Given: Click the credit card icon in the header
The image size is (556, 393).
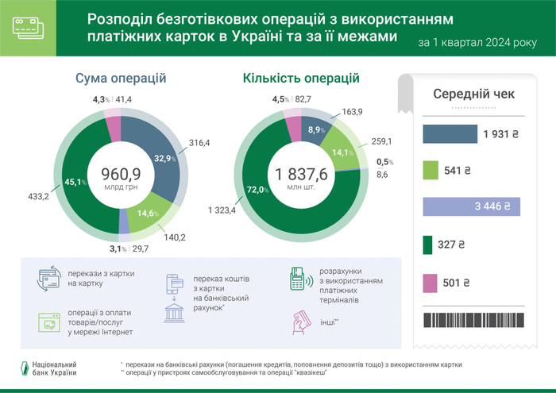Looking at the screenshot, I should (28, 28).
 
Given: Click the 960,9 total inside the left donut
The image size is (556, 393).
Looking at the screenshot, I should (121, 172).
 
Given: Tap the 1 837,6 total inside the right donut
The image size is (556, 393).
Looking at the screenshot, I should (301, 173).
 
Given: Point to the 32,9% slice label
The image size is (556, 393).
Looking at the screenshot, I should (164, 157).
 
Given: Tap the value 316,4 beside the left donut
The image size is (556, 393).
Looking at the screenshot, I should (200, 143).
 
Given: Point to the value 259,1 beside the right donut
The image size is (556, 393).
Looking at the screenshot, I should (382, 141).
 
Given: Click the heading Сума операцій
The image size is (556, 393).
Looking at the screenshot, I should (120, 79).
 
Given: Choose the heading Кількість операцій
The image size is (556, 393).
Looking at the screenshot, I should (301, 79).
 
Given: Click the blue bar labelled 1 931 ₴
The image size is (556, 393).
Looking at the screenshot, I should (450, 134).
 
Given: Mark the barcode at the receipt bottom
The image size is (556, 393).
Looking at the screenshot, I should (472, 320).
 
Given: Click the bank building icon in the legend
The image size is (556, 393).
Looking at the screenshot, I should (174, 311).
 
